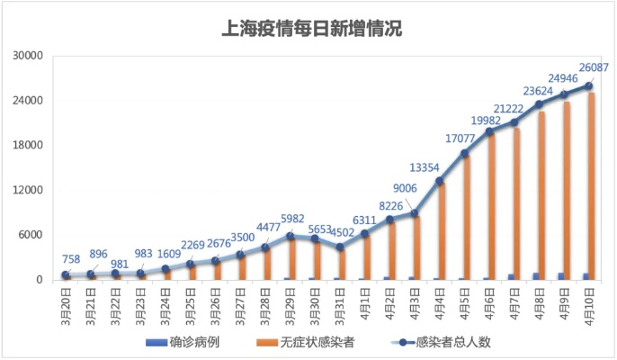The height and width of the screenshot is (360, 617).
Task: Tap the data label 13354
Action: [425, 166]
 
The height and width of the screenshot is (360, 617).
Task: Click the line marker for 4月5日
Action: [465, 153]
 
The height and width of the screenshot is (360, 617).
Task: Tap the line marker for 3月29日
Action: [291, 236]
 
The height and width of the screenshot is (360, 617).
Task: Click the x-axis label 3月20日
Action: [66, 306]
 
